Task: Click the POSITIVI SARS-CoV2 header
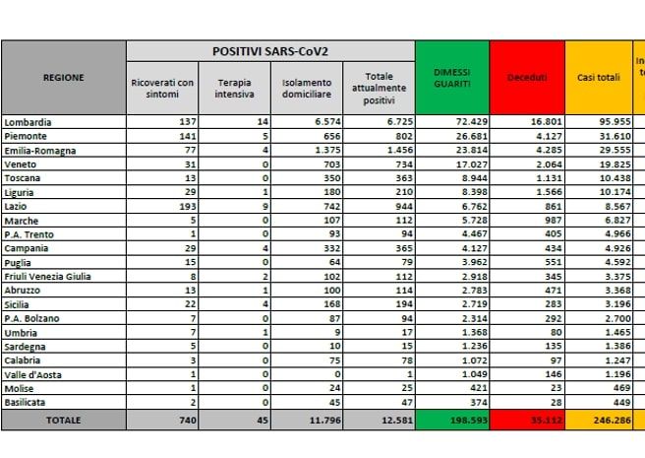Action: [x=269, y=50]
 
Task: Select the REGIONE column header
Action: [x=64, y=77]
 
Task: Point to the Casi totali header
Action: [x=599, y=77]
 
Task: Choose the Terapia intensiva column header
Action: [x=234, y=88]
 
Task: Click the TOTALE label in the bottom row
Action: [x=64, y=420]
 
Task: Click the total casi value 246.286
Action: [x=606, y=420]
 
